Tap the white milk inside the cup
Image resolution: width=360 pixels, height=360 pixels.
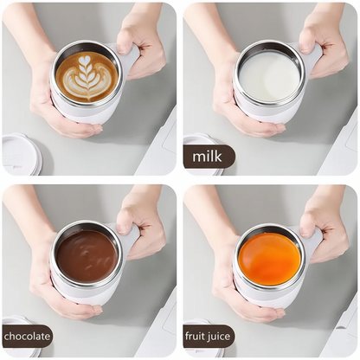(269, 76)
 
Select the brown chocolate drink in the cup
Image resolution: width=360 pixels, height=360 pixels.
(87, 256)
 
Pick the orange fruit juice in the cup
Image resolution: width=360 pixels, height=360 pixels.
(269, 258)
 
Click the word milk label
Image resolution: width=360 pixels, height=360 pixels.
(209, 157)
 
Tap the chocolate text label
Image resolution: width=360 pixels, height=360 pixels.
(27, 337)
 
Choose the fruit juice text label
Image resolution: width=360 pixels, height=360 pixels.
(209, 337)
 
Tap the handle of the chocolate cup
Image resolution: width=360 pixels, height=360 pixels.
(129, 240)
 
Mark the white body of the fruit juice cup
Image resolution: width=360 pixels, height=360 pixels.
(260, 296)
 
